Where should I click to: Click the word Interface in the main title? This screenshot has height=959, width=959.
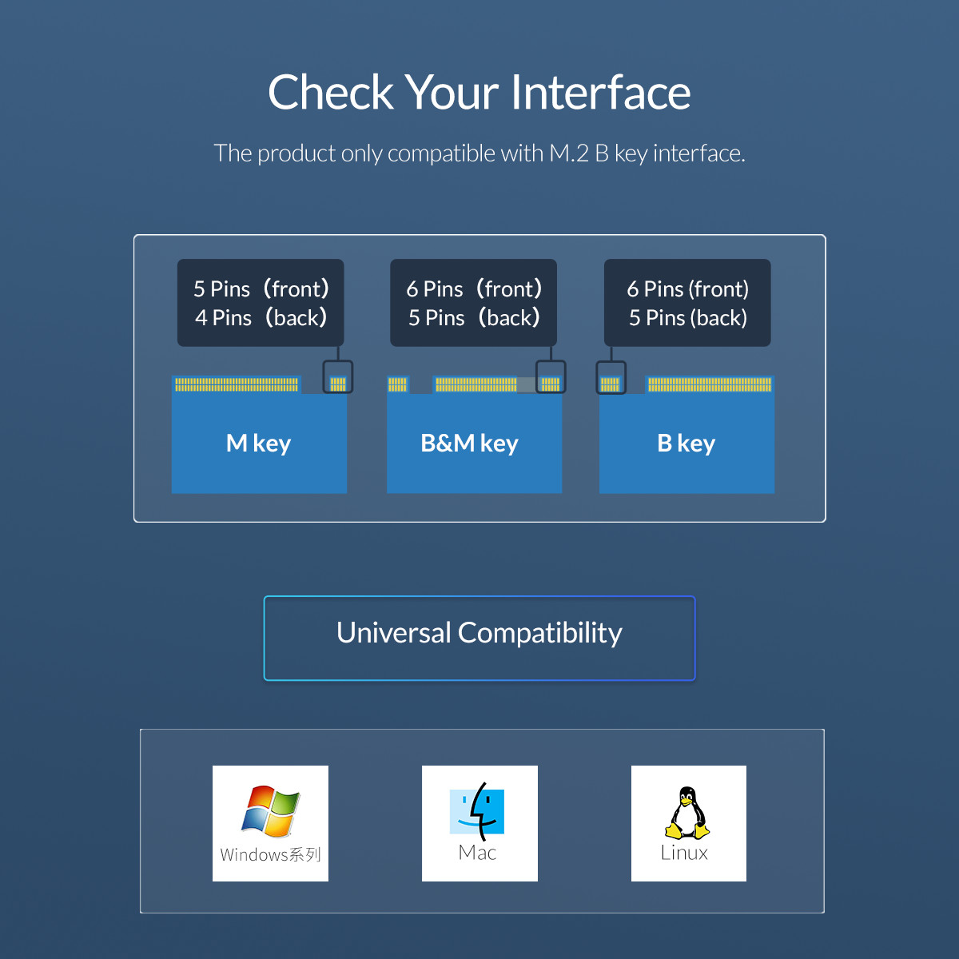pos(600,93)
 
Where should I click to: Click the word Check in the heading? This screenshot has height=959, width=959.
pos(331,93)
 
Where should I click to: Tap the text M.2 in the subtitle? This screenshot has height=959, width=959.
pos(568,153)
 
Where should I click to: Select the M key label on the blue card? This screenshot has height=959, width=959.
pos(258,443)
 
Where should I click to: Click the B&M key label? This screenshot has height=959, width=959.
pos(469,443)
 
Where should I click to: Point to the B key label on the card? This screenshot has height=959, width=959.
pos(686,443)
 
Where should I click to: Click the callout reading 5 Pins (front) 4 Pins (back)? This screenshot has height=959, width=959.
pos(261,303)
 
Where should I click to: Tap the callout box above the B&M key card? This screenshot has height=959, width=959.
pos(473,303)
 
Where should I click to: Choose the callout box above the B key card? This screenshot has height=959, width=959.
pos(687,303)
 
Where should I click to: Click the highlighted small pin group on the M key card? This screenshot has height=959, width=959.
pos(338,384)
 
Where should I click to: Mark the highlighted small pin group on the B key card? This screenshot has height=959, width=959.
pos(611,384)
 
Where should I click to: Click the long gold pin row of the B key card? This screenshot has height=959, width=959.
pos(710,384)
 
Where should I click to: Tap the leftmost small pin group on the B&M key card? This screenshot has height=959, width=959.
pos(397,384)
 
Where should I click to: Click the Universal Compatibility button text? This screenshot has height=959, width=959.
pos(479,633)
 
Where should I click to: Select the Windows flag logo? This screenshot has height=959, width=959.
pos(271,810)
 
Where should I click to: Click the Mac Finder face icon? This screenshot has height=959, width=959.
pos(477,810)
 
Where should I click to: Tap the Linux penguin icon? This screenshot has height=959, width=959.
pos(687,812)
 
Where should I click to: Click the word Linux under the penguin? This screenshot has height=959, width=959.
pos(684,854)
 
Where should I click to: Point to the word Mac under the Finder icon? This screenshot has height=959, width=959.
pos(478,854)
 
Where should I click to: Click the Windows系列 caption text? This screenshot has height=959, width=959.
pos(270,855)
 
